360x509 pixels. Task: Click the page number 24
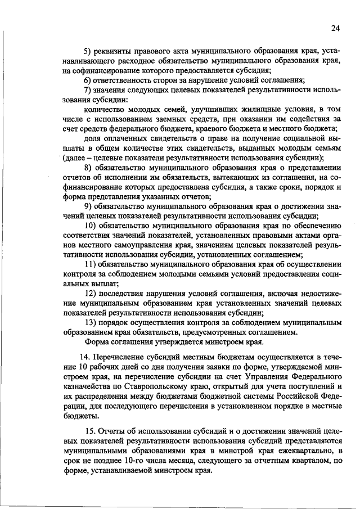336,29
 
